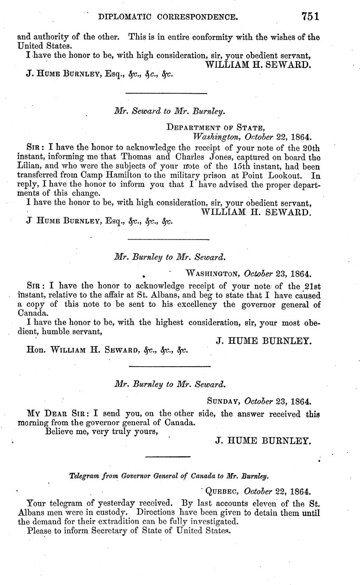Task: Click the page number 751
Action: click(x=310, y=17)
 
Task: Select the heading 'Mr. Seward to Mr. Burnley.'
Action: click(x=170, y=111)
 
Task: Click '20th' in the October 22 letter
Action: click(x=311, y=148)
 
